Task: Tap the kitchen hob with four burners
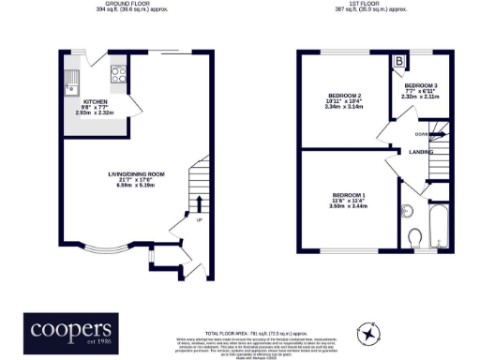(x=120, y=74)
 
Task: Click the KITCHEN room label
(x=97, y=100)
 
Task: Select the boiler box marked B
(x=400, y=62)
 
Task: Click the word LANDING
(x=420, y=150)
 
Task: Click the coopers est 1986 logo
(x=71, y=330)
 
